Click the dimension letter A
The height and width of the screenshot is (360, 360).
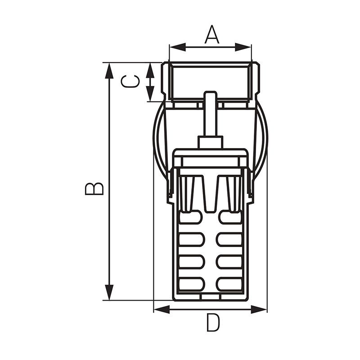211,35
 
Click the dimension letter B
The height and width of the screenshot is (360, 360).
94,189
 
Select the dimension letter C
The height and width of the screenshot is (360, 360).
130,81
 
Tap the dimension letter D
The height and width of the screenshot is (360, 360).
213,323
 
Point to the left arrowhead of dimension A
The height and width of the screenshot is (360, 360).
177,47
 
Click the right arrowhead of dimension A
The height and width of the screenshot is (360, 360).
243,47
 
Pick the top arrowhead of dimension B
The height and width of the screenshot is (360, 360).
109,71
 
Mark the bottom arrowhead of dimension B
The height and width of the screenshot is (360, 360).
109,292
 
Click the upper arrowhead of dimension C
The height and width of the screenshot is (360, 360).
150,71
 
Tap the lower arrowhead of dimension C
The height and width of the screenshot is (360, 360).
150,94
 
